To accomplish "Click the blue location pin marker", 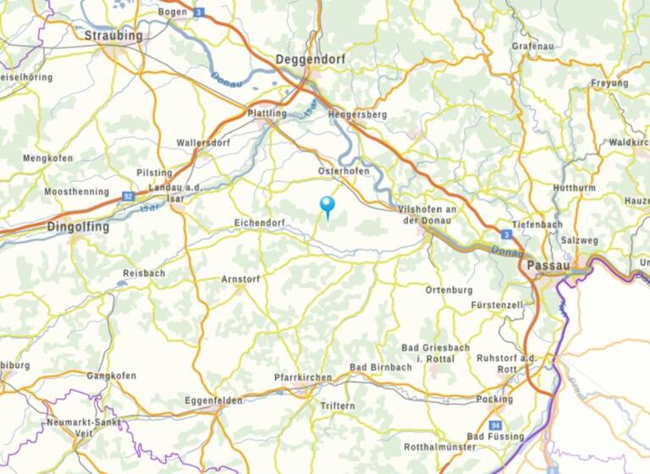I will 327,205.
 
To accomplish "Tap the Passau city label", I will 547,266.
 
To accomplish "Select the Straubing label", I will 113,36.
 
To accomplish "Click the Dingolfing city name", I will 79,227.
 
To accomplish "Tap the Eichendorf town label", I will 258,223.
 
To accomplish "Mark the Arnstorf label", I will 240,278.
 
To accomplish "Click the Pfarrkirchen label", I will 300,377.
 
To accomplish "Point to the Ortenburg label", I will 449,289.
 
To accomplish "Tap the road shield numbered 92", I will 128,196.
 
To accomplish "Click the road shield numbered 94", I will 495,424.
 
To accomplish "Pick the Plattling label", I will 267,113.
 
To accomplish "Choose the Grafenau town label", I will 532,47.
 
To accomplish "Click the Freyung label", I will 609,83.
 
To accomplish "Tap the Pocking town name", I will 495,399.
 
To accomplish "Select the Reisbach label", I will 144,273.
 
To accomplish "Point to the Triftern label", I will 338,406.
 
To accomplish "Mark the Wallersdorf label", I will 203,143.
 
